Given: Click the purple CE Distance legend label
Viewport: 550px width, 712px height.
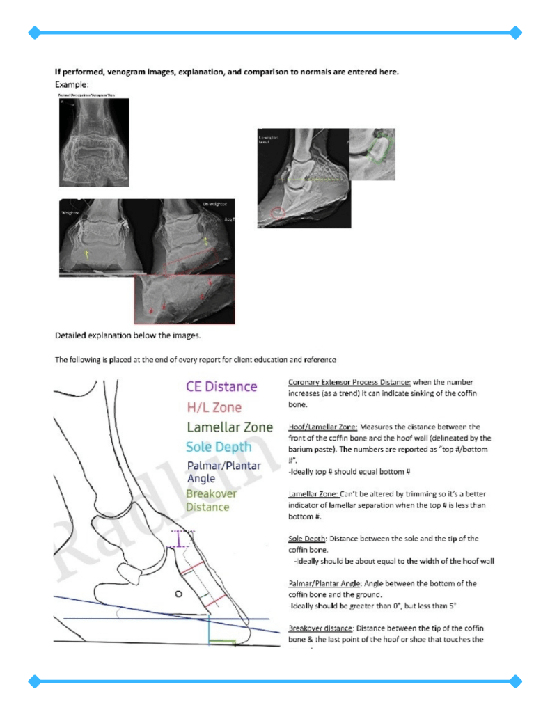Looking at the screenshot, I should [x=221, y=386].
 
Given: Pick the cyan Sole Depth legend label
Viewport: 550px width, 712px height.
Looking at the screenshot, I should [x=219, y=447].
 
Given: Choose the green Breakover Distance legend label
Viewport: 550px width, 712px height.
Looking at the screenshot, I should [x=211, y=500].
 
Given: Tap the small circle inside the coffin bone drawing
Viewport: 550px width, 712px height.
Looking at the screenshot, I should [x=178, y=594].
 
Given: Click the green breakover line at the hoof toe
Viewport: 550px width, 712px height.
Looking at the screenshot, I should [x=223, y=641].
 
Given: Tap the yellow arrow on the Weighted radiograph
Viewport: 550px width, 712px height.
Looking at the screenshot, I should [x=86, y=254].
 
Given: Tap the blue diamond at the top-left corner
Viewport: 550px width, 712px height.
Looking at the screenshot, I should [x=33, y=32].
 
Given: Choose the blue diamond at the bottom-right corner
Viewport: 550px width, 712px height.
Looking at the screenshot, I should [x=516, y=681].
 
